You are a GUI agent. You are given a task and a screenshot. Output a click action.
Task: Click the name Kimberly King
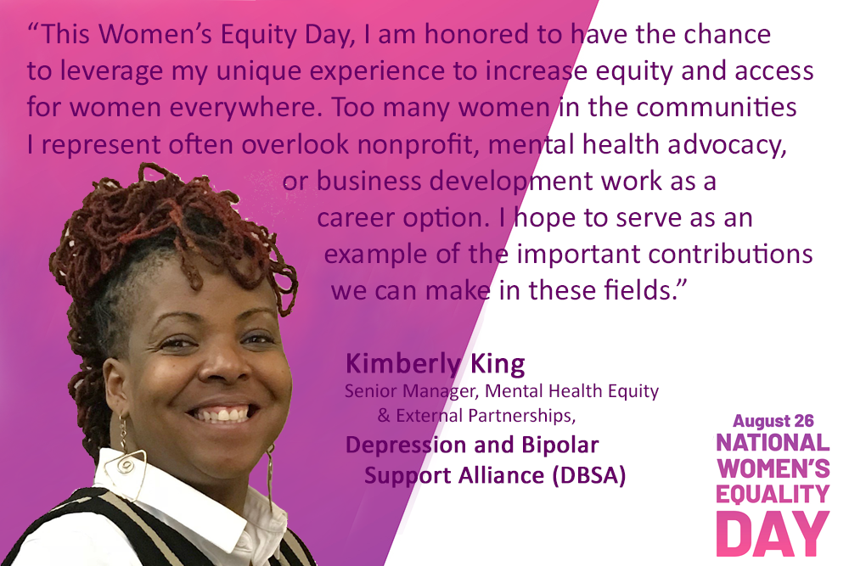pos(436,364)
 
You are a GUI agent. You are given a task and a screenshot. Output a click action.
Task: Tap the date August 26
pos(773,420)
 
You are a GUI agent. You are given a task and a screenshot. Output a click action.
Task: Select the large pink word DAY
pos(773,534)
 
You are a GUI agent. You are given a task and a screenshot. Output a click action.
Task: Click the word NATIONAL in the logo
pos(773,443)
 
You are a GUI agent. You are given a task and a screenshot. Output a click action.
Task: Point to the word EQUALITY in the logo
pos(773,494)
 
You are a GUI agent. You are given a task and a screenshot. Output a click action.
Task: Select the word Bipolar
pos(560,446)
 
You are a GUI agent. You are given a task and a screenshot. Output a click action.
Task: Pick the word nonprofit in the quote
pos(415,145)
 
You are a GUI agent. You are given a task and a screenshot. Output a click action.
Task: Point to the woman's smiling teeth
pos(222,415)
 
